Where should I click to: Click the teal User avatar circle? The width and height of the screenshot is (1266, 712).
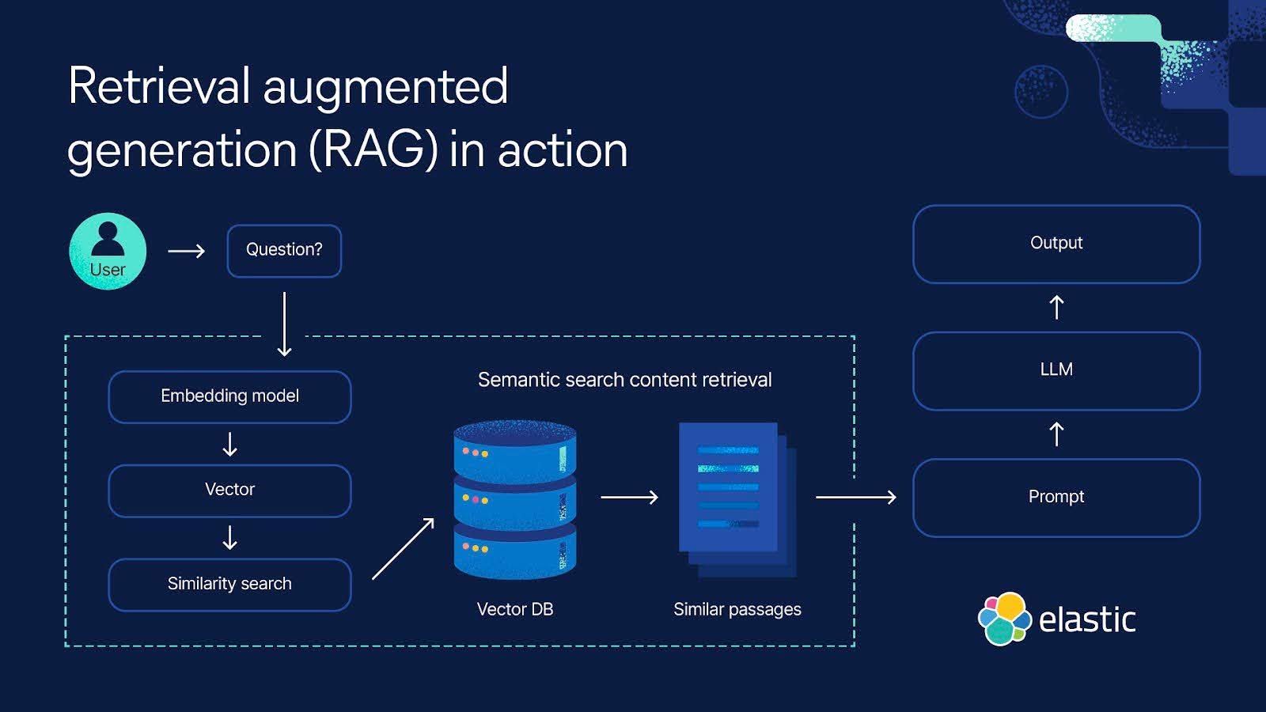[x=108, y=251]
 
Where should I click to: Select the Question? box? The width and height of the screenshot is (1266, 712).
[x=284, y=251]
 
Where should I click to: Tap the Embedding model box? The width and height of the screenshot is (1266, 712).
[x=229, y=396]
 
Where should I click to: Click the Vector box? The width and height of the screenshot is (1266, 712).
[x=229, y=490]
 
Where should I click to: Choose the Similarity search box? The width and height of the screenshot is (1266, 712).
[x=229, y=585]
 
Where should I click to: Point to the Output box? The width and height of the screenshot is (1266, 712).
[x=1056, y=244]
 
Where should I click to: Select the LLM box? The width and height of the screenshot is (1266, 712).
[x=1056, y=370]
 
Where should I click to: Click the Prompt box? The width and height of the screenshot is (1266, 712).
[x=1056, y=498]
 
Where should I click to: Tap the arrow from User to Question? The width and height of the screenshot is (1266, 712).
[x=187, y=251]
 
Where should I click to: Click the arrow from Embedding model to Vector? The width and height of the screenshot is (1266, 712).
[x=229, y=444]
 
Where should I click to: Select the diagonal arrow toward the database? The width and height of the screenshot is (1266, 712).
[x=404, y=548]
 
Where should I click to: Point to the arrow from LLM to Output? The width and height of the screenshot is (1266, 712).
[x=1056, y=307]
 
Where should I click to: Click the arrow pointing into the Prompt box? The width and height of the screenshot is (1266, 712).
[x=856, y=497]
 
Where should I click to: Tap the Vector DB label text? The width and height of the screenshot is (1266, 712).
[x=515, y=609]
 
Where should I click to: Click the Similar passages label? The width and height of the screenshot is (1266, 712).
[x=737, y=609]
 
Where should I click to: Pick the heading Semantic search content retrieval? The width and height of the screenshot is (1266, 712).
[x=624, y=380]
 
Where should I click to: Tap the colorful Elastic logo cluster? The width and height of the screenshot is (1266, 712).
[x=1004, y=619]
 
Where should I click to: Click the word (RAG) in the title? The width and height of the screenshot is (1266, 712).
[x=373, y=150]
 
